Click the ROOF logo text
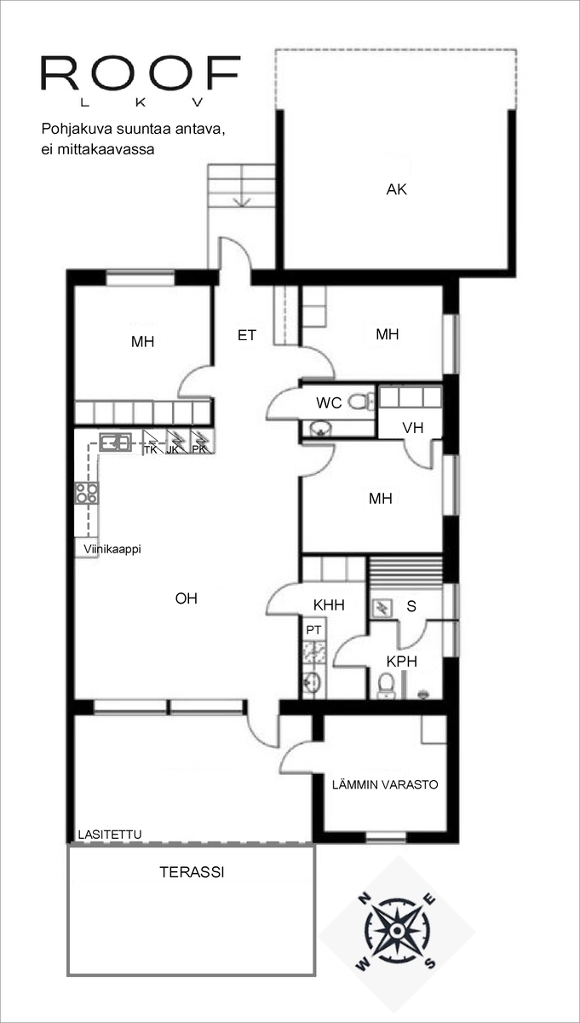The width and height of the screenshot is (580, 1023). [x=141, y=73]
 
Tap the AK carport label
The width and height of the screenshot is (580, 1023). [x=397, y=189]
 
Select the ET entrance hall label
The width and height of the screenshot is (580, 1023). [x=247, y=336]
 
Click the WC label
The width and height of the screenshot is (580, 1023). [x=329, y=402]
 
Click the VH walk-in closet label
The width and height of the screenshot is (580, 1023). [x=412, y=428]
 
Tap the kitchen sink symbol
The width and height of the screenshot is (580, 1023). [x=116, y=442]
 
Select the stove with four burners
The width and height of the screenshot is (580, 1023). [x=87, y=493]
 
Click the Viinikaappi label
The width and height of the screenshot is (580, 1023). [x=112, y=549]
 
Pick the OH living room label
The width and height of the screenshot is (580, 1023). [x=187, y=598]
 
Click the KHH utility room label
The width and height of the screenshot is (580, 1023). [x=329, y=605]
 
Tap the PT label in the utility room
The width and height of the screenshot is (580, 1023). [x=313, y=630]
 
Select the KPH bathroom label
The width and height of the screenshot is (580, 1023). [x=402, y=662]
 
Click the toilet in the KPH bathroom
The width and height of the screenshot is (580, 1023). [x=387, y=685]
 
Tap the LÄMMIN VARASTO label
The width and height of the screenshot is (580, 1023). [x=385, y=784]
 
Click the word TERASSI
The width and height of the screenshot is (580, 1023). [x=192, y=872]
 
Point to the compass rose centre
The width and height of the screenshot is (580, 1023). [x=397, y=930]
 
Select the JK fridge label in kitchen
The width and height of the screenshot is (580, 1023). [x=173, y=449]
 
